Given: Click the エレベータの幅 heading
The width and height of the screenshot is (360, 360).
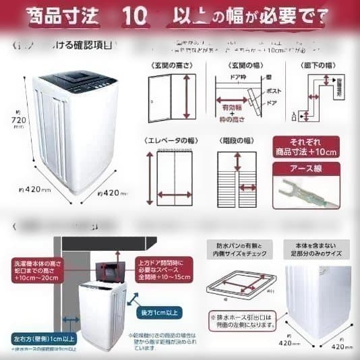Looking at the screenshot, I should coord(170,140).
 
